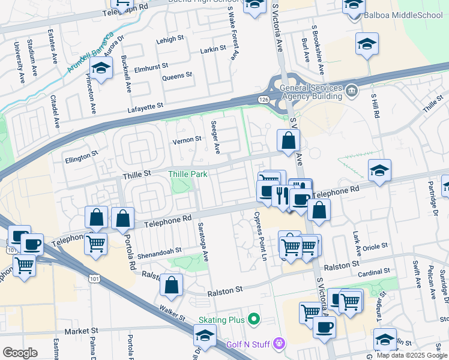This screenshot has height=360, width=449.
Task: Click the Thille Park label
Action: click(x=188, y=174)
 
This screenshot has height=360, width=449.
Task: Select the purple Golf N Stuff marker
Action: click(x=278, y=343)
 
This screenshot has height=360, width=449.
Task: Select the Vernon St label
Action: click(x=187, y=139)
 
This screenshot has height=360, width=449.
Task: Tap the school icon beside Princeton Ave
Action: click(x=102, y=68)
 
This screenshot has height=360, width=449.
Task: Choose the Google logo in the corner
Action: click(x=20, y=352)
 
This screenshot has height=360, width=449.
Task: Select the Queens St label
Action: click(x=177, y=76)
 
